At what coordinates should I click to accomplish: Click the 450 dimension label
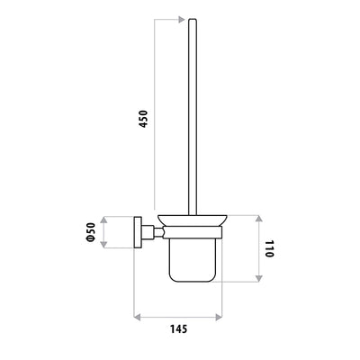tap(144, 119)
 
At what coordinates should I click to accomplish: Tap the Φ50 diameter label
tap(90, 232)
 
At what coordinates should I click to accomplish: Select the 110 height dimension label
tap(269, 248)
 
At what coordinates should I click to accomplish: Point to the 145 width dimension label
tap(179, 328)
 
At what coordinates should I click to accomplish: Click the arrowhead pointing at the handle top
tap(181, 20)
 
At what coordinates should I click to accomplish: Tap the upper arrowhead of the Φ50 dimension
tap(103, 220)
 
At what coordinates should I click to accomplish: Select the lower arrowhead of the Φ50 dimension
tap(103, 244)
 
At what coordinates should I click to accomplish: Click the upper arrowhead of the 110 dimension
tap(259, 219)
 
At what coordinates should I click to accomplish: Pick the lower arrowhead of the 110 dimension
tap(259, 278)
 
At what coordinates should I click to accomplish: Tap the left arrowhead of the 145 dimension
tap(137, 317)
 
